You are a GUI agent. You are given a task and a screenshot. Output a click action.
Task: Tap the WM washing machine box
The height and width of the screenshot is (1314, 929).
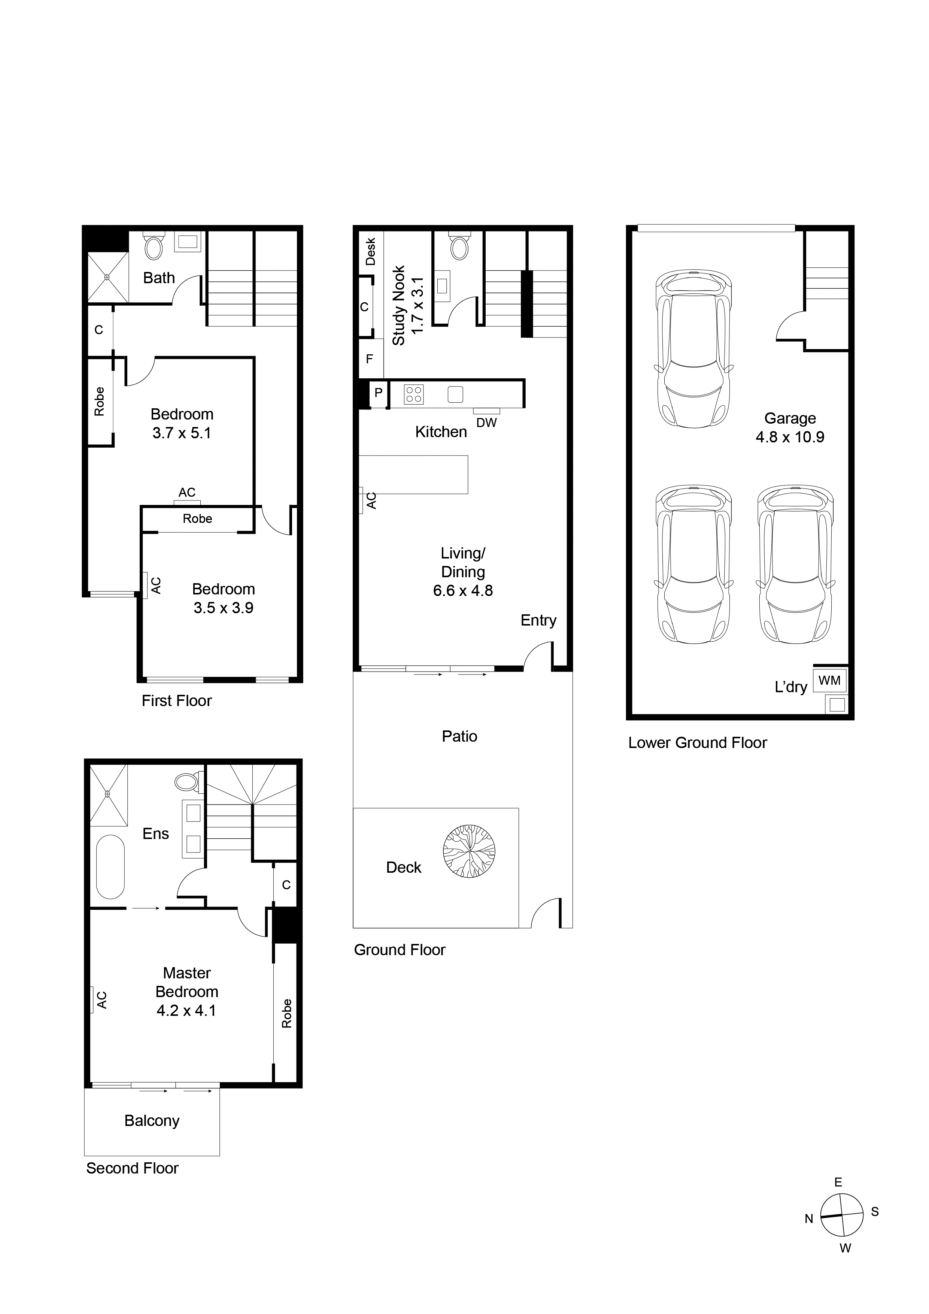click(x=829, y=681)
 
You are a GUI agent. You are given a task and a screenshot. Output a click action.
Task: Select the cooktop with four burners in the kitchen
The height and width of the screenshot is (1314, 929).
click(x=414, y=394)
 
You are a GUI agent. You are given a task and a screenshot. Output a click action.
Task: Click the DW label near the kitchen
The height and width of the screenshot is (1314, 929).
click(x=486, y=423)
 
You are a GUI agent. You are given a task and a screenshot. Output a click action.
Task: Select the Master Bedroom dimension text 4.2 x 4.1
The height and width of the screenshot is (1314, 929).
click(x=186, y=1010)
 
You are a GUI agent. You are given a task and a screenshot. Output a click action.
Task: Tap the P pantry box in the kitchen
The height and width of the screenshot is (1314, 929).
click(x=378, y=393)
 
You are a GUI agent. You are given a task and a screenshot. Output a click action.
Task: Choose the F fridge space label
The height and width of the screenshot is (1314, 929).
click(x=370, y=359)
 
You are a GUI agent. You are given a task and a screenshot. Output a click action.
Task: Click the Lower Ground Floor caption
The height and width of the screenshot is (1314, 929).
click(x=697, y=742)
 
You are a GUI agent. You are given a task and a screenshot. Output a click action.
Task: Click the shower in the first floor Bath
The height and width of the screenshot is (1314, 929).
click(x=107, y=277)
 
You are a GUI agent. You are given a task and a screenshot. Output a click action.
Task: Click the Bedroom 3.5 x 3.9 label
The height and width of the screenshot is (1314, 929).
click(x=223, y=598)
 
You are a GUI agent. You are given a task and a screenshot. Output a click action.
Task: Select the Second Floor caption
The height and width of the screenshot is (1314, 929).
click(x=132, y=1168)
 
